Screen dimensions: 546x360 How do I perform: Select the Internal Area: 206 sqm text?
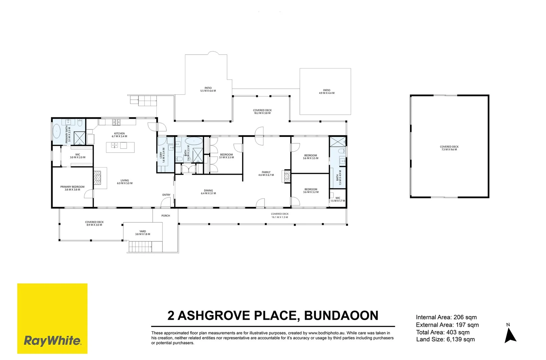[x=446, y=317]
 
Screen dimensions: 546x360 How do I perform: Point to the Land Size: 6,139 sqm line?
[x=445, y=339]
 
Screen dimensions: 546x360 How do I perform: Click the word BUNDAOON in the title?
[x=341, y=315]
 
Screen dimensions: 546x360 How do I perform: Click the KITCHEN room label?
[x=119, y=133]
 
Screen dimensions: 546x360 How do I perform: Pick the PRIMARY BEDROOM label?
[x=72, y=187]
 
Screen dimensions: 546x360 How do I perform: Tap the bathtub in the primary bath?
[x=57, y=131]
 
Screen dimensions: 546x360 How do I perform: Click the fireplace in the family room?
[x=287, y=176]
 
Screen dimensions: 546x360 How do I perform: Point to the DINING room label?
[x=208, y=190]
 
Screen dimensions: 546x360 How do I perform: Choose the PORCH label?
[x=166, y=216]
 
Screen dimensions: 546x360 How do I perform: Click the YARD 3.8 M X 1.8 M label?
[x=143, y=233]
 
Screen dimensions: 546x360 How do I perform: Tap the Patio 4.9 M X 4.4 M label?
[x=327, y=92]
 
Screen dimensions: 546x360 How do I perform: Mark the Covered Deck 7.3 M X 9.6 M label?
[x=449, y=148]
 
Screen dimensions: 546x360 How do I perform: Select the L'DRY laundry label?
[x=162, y=155]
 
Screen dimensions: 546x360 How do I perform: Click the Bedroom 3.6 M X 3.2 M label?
[x=311, y=190]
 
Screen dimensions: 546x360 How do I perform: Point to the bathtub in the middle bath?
[x=194, y=141]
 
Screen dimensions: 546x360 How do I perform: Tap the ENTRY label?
[x=166, y=195]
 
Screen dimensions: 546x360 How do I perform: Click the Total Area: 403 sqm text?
[x=443, y=332]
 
